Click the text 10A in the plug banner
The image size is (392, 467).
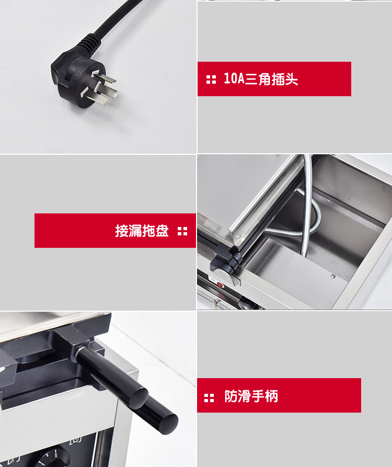pos(234,78)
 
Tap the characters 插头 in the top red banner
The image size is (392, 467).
pos(285,79)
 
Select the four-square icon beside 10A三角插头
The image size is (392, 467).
pos(211,79)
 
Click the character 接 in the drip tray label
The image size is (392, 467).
pos(121,231)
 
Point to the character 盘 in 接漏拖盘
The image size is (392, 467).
pos(162,231)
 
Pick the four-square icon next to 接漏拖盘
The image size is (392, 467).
pos(182,231)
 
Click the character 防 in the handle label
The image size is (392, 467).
pos(231,396)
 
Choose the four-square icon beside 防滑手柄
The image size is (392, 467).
pos(209,397)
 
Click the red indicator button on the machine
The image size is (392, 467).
pos(220,284)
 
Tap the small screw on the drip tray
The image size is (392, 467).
pos(333,276)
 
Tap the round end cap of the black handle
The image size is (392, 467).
pos(167,423)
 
